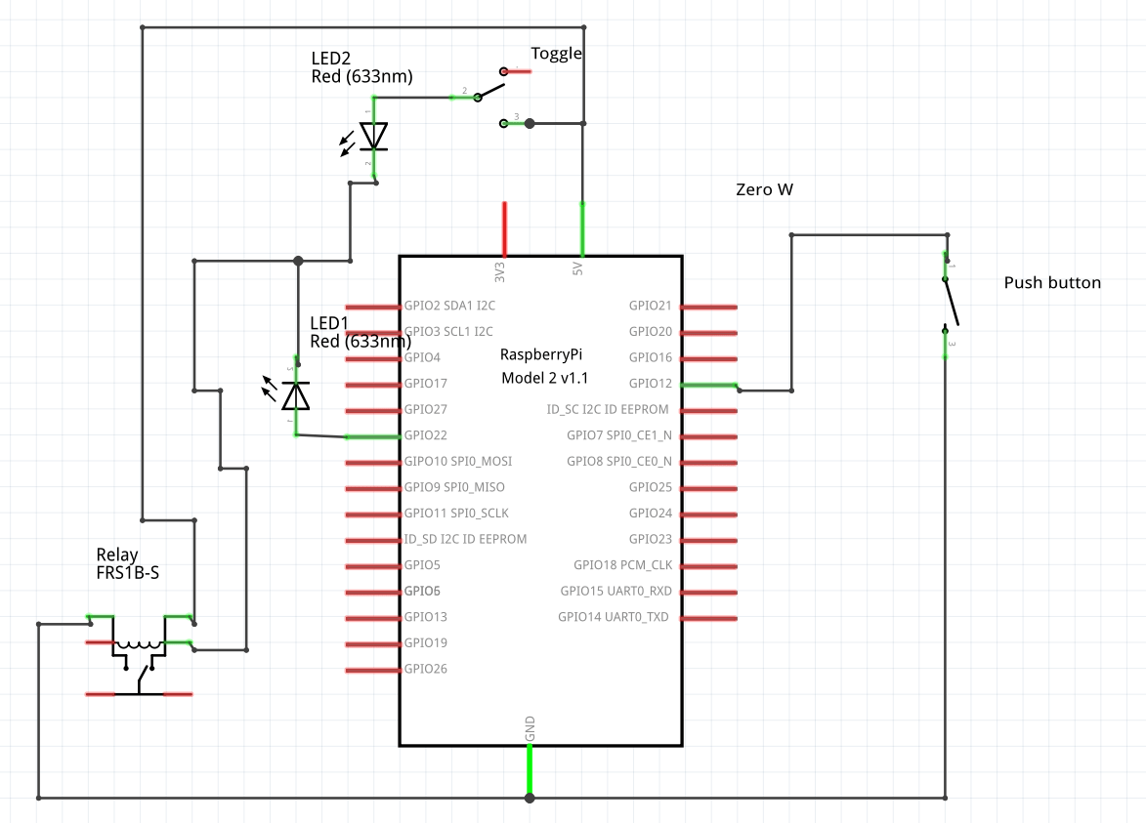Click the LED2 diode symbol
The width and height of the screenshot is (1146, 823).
click(x=373, y=137)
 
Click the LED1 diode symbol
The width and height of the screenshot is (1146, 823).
click(x=295, y=395)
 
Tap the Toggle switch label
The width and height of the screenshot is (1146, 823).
click(x=556, y=54)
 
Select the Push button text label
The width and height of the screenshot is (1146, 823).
click(x=1052, y=283)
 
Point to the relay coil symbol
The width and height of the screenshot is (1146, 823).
click(x=139, y=645)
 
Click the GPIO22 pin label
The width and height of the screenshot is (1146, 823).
click(x=426, y=435)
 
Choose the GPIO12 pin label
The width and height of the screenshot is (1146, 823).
click(x=651, y=384)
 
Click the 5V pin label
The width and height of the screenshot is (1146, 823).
click(x=577, y=267)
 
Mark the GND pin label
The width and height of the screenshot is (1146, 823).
click(x=531, y=727)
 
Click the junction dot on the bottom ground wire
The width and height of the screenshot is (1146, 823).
click(x=530, y=798)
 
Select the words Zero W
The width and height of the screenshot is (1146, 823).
click(x=764, y=190)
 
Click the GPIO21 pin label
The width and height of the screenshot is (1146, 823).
click(x=651, y=306)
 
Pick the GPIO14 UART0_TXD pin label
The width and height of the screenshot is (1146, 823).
click(x=614, y=617)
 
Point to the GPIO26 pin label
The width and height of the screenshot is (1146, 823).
click(x=426, y=669)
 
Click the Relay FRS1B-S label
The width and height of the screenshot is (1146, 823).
click(x=128, y=564)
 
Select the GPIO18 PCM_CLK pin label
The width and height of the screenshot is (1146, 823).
click(x=622, y=565)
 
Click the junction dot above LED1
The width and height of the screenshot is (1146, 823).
click(x=298, y=261)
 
